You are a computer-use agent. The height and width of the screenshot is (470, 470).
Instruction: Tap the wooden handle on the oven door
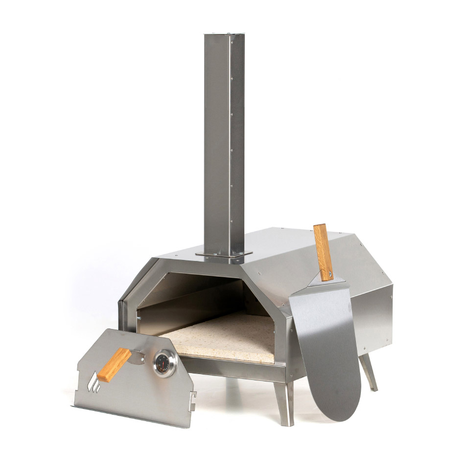pos(114,365)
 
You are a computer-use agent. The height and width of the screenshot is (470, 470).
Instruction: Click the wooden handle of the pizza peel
pos(323,252)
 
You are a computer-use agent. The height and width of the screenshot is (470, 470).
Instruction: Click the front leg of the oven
pos(284,401)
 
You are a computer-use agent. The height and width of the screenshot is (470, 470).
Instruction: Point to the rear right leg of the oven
pos(369,372)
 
